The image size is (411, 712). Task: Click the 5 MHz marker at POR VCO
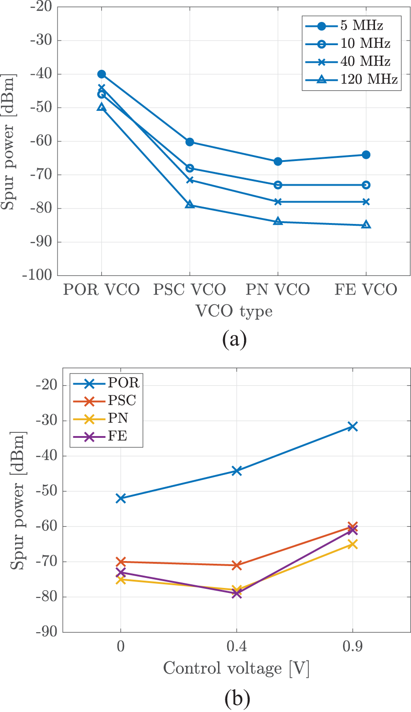tap(101, 74)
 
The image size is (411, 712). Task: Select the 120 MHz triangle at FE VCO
tap(366, 225)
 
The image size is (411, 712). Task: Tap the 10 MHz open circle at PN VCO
tap(278, 185)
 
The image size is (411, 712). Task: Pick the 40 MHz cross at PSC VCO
tap(190, 180)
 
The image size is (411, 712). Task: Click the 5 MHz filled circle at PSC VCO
tap(190, 142)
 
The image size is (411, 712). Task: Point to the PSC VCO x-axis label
tap(189, 290)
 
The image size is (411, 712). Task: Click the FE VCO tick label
tap(366, 290)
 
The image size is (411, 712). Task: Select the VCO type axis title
tap(234, 312)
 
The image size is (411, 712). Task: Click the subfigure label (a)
tap(234, 340)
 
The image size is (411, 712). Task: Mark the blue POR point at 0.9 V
tap(353, 426)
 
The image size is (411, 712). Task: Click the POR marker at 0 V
tap(120, 498)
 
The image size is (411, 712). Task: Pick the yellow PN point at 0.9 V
tap(353, 544)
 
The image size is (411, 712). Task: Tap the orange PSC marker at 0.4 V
tap(236, 565)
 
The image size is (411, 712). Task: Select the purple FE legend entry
tap(117, 437)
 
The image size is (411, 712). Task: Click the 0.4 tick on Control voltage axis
tap(236, 647)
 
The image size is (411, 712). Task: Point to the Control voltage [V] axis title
tap(236, 669)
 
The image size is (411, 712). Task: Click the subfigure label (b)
tap(237, 698)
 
